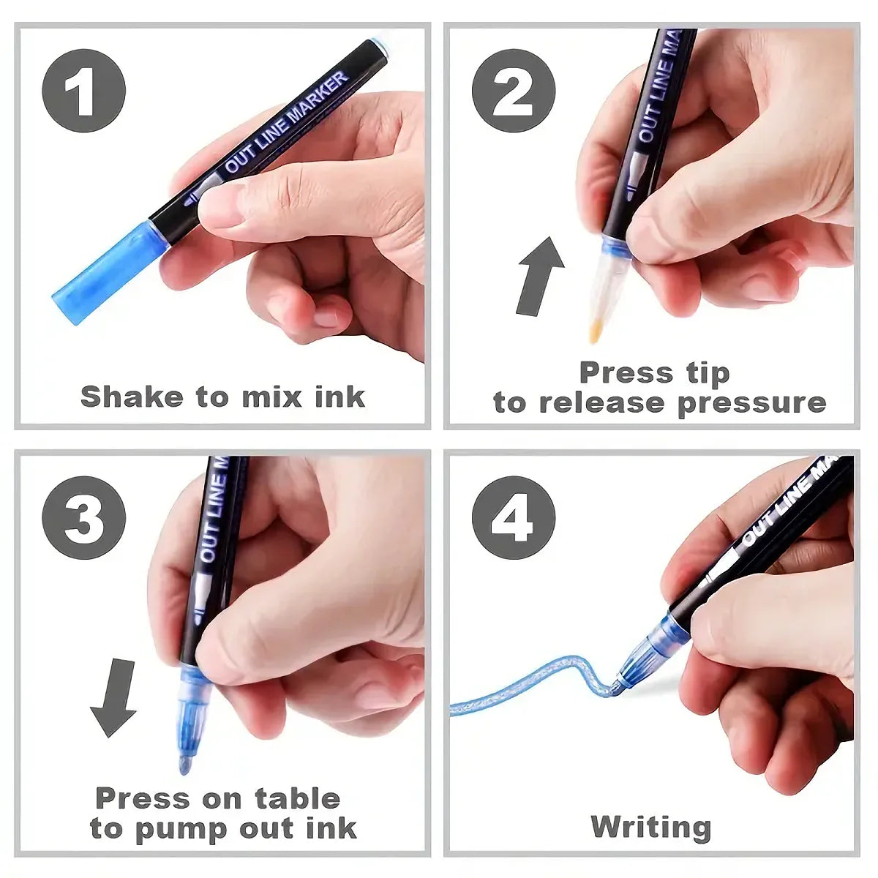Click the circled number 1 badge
coord(83,91)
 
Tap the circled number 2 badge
coord(513,91)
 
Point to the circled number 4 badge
coord(513,518)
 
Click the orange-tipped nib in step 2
coord(596,333)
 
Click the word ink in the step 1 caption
coord(339,397)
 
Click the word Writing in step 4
coord(650,827)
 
